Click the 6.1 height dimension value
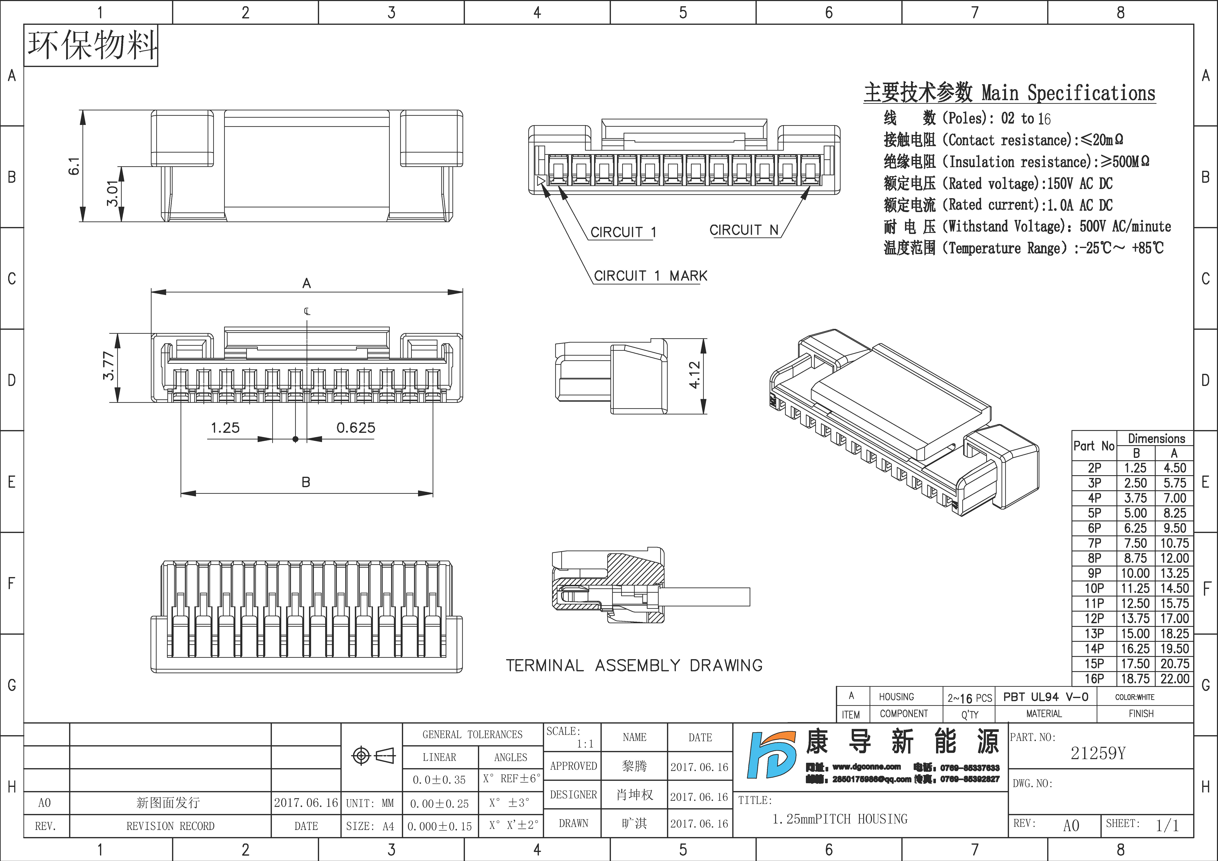[x=74, y=166]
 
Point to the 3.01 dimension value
[x=112, y=194]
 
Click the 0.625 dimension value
[x=355, y=428]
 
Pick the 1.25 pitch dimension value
[x=225, y=428]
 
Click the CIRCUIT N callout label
[x=744, y=230]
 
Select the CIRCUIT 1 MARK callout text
[x=650, y=276]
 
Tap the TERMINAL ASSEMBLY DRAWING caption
[x=634, y=665]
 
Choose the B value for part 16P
[x=1135, y=679]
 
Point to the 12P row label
[x=1094, y=619]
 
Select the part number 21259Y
[x=1098, y=753]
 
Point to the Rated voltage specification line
[x=998, y=184]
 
